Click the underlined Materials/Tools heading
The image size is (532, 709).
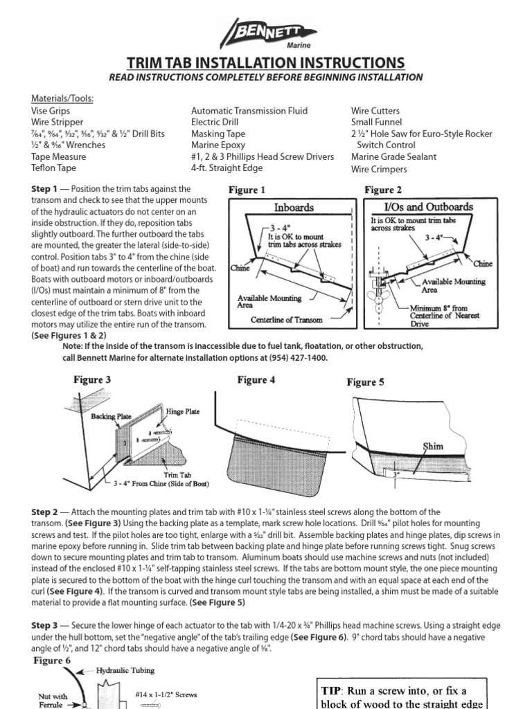[x=62, y=98]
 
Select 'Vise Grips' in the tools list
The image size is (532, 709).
[x=51, y=111]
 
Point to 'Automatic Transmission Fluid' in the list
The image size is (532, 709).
[x=249, y=111]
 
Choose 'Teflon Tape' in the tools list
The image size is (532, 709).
[x=53, y=168]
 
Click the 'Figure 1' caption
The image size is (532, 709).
[x=247, y=190]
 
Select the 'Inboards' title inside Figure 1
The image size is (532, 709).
[x=294, y=207]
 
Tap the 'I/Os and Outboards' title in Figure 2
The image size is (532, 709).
[x=418, y=207]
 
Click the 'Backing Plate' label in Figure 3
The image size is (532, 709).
[x=112, y=417]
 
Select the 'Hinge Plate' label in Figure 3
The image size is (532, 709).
[x=183, y=411]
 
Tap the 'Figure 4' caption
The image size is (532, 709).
[x=256, y=380]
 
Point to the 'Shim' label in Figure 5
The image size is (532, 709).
[x=433, y=447]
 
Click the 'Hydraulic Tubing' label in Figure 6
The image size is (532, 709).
[x=124, y=670]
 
